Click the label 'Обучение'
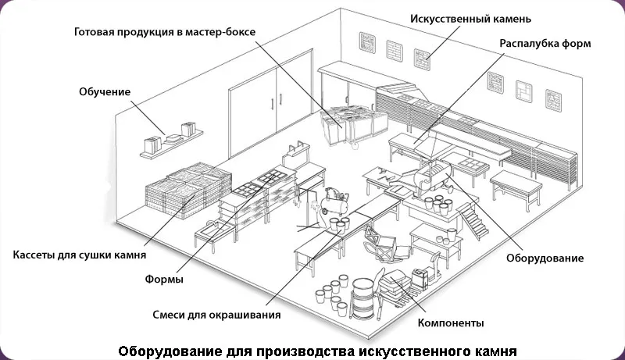click(x=105, y=92)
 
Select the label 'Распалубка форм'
click(x=545, y=42)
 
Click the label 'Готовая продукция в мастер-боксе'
click(x=165, y=34)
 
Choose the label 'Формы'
click(x=164, y=280)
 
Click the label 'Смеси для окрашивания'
click(x=216, y=315)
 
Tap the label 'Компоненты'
click(x=451, y=322)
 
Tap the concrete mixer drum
click(x=434, y=173)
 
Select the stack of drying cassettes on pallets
click(x=187, y=190)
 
